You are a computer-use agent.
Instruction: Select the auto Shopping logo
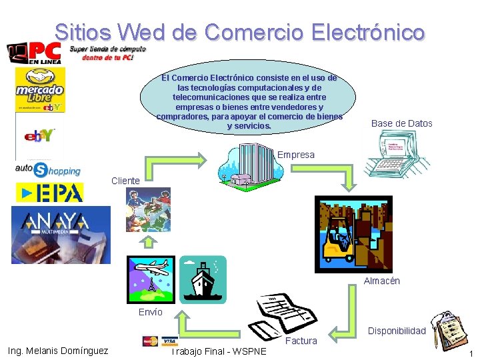pos(47,169)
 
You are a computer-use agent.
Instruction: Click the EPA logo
pos(50,192)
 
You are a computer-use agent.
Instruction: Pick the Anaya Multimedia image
pos(61,234)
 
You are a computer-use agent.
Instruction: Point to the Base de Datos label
pos(401,123)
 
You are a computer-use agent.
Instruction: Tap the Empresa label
pos(295,155)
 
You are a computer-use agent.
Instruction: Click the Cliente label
pos(125,181)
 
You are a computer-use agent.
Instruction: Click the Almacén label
pos(381,281)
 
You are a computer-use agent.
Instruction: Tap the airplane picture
pos(151,278)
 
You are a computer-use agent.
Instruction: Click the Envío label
pos(150,312)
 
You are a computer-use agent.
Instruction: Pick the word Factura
pos(301,341)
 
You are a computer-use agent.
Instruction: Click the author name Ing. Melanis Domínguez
pos(57,351)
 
